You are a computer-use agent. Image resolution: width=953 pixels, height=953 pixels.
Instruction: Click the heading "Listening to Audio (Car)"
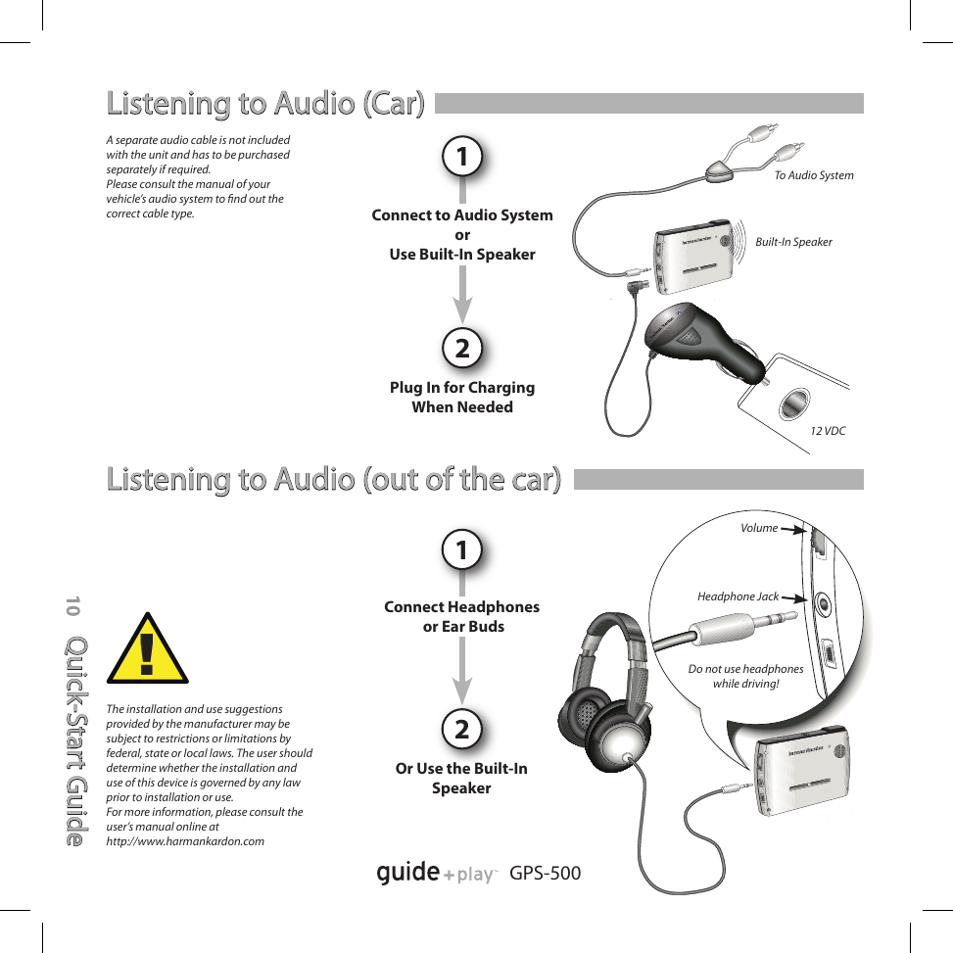(265, 103)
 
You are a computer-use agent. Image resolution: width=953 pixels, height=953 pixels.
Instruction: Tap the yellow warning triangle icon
(148, 650)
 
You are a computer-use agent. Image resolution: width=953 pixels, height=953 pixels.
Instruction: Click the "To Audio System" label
(813, 175)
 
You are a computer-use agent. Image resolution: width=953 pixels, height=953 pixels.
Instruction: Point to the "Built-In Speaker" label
(793, 242)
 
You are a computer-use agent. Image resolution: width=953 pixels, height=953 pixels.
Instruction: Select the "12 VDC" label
(828, 431)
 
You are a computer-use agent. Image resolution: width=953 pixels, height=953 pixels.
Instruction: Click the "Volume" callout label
(759, 528)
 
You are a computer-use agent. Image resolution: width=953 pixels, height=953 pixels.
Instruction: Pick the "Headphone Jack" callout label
(738, 596)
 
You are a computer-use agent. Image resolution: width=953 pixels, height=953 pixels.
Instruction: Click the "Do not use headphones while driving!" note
(745, 676)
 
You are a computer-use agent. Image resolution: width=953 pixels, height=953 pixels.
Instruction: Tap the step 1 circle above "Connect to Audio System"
(462, 157)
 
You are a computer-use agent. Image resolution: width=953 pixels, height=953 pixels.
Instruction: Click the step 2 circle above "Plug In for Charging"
(462, 348)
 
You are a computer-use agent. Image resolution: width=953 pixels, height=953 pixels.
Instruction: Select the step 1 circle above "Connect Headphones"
(462, 550)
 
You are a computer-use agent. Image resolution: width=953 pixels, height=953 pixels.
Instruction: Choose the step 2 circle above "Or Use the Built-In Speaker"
(462, 730)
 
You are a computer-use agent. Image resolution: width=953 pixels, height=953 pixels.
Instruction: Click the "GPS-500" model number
(546, 873)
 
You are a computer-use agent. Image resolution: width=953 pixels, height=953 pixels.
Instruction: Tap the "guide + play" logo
(436, 873)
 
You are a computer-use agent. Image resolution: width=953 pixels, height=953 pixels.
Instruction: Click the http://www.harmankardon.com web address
(185, 841)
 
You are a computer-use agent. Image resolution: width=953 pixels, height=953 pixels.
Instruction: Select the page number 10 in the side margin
(72, 606)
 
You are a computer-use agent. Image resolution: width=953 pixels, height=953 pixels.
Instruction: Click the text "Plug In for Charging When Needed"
(462, 397)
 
